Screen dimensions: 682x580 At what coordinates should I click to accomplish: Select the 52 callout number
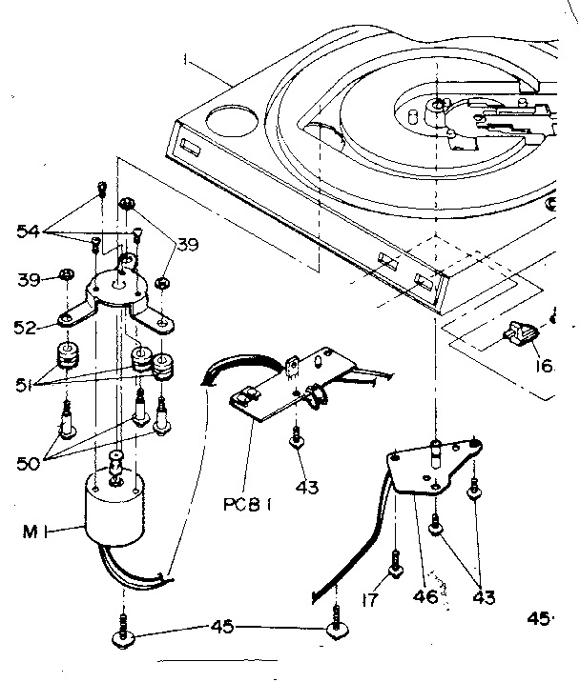(28, 327)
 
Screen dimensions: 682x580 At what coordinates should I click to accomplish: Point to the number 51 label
(26, 383)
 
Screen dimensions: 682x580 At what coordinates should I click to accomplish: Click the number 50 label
(27, 465)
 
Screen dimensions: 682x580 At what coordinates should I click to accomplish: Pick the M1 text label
(31, 530)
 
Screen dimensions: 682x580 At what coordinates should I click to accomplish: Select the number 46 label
(426, 597)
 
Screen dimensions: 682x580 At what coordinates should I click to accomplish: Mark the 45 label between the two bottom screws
(221, 626)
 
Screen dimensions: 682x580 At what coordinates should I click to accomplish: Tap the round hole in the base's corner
(228, 122)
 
